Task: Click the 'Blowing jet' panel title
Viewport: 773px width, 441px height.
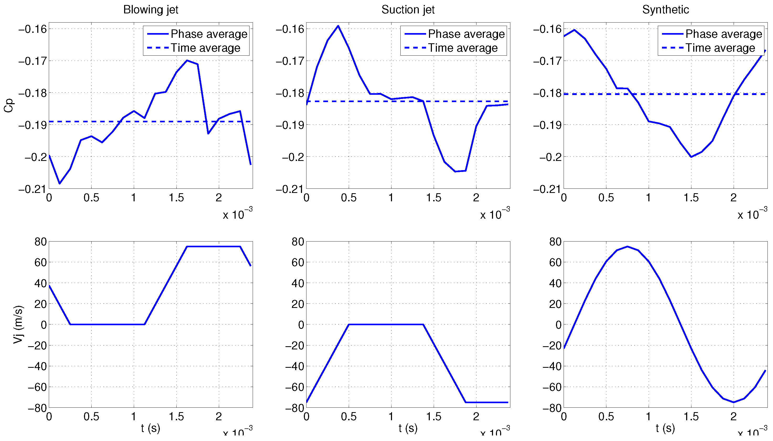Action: click(x=150, y=10)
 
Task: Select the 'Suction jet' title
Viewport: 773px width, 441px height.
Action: click(x=408, y=10)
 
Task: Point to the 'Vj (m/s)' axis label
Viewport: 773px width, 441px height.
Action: click(x=18, y=324)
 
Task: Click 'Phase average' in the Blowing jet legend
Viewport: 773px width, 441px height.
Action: click(x=209, y=34)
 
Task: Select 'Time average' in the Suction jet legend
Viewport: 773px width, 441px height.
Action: click(x=463, y=48)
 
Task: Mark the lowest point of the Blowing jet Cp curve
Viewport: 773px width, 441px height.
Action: click(x=60, y=183)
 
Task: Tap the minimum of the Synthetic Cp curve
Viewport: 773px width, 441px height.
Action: click(x=691, y=157)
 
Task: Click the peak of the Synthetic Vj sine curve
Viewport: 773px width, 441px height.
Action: click(x=627, y=246)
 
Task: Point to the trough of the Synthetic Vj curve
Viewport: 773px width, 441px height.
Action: click(x=733, y=402)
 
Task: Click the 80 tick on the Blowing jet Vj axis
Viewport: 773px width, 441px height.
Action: click(x=41, y=242)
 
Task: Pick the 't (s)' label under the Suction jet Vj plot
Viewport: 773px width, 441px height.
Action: click(x=408, y=428)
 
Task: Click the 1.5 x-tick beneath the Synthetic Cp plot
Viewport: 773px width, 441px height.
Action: click(x=691, y=198)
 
